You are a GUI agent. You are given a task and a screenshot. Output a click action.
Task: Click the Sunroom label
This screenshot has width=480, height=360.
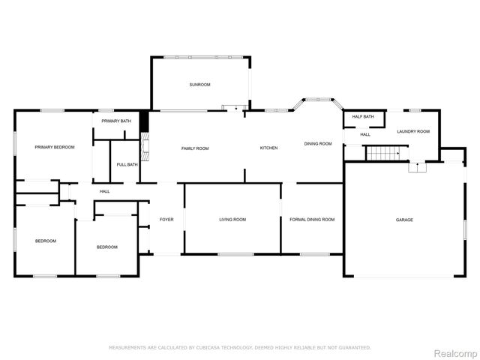pos(199,85)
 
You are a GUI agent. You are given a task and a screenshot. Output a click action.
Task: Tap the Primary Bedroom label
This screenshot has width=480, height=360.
pos(55,148)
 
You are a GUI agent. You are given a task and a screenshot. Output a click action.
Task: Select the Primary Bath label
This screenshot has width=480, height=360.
pos(116,121)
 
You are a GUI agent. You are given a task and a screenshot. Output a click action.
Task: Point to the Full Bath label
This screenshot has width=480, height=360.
pos(127,165)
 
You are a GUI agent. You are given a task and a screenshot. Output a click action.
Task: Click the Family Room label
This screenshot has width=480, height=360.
pos(195,148)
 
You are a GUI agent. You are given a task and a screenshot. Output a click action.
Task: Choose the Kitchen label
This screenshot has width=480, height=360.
pos(268,148)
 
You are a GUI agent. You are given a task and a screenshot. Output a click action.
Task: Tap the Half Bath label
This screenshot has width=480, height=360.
pos(363,117)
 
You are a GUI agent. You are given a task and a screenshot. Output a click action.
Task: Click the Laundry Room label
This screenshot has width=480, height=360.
pos(413,131)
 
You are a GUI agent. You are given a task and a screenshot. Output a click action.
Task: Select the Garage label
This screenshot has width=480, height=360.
pos(404,220)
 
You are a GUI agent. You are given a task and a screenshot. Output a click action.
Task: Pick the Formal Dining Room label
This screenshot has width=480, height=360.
pos(312,220)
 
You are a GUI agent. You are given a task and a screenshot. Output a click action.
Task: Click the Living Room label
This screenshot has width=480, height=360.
pos(232,220)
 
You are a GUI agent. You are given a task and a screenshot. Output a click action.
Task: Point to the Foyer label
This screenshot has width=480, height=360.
pos(166,220)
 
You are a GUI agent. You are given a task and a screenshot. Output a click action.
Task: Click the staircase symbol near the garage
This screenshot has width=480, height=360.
pos(381,154)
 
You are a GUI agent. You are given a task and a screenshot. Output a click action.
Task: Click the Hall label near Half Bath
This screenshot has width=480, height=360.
pos(365,134)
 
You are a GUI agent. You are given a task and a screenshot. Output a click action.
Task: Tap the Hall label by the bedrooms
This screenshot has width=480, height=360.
pos(104,192)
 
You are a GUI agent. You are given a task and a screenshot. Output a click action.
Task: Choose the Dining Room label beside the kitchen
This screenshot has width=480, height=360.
pos(318,144)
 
